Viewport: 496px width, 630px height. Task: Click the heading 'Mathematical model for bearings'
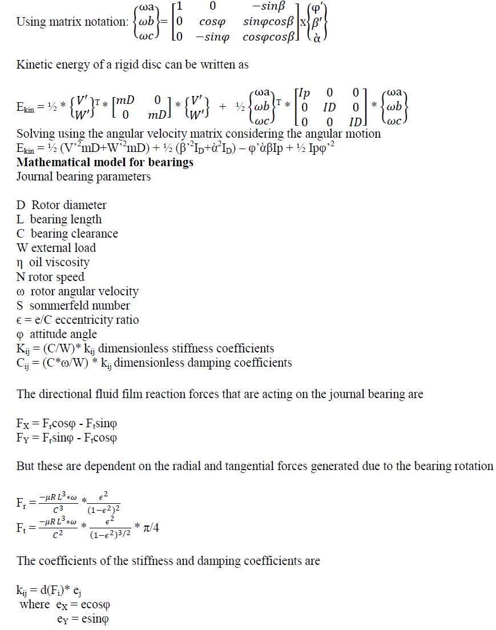pos(105,162)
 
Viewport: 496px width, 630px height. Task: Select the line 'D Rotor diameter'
pos(62,205)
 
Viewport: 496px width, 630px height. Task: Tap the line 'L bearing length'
pos(59,219)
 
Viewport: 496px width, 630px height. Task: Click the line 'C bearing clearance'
pos(67,234)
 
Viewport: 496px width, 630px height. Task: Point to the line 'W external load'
pos(57,248)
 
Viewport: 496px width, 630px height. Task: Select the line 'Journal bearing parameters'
pos(84,176)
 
